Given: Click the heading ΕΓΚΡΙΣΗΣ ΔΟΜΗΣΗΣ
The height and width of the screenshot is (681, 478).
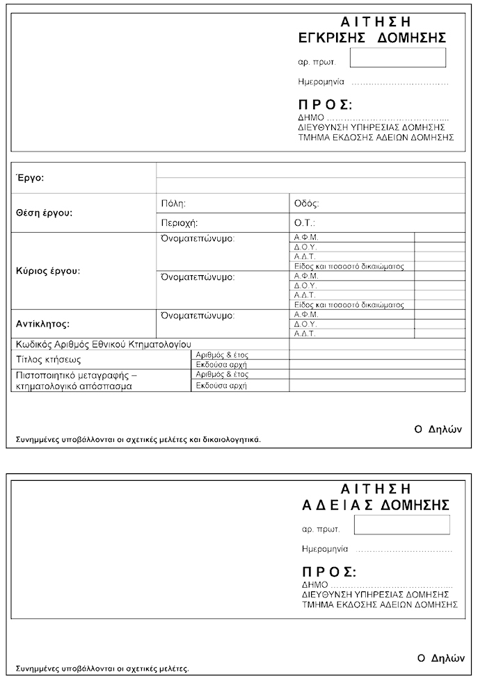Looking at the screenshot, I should [x=371, y=38].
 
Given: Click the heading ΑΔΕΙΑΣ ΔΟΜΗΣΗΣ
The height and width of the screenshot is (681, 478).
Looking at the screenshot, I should [x=375, y=504].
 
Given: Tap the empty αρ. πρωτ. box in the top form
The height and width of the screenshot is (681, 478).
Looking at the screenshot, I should [x=397, y=58].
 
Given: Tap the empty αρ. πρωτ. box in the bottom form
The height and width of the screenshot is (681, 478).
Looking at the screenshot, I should [x=401, y=525].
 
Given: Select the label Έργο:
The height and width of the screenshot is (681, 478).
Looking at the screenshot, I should [x=30, y=179].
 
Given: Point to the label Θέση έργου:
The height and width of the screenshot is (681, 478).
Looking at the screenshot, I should [x=44, y=213].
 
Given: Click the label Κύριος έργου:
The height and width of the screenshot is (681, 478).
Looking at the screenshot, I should [x=48, y=270].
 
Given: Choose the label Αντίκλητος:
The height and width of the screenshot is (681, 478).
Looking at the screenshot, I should [x=42, y=324].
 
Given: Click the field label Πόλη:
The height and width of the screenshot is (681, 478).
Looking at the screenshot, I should [x=173, y=204].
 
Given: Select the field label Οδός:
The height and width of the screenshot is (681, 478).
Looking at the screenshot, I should [x=306, y=204].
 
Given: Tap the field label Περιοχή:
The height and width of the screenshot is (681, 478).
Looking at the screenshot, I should [x=179, y=223].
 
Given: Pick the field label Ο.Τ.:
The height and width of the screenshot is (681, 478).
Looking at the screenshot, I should [x=305, y=223].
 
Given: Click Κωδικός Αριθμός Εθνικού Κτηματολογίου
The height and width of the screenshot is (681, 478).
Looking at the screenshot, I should [x=103, y=344].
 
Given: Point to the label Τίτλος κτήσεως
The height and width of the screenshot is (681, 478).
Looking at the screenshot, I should [x=49, y=360].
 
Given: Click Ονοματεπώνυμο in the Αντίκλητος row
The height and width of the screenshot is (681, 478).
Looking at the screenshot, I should [x=198, y=315].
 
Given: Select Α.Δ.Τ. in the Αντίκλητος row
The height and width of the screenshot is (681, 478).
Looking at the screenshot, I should [x=306, y=334].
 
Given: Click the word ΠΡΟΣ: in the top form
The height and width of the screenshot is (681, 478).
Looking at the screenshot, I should [x=325, y=105].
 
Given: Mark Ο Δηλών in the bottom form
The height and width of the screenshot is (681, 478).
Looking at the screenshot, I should [x=440, y=657].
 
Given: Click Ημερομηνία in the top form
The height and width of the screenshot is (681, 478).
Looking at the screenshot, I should [x=321, y=82].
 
